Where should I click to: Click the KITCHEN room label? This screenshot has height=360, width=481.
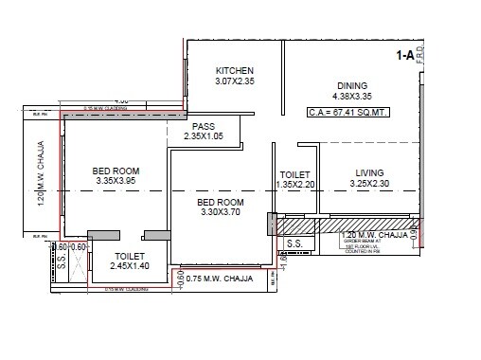tap(235, 72)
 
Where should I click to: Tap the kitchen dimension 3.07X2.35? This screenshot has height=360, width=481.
tap(235, 83)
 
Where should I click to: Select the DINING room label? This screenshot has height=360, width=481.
tap(353, 83)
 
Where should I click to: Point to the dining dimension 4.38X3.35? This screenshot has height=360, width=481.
tap(353, 96)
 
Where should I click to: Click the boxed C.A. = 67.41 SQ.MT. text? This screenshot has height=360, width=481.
tap(348, 112)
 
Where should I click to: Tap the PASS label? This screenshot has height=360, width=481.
tap(204, 127)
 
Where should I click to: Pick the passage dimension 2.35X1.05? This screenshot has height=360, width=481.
tap(205, 138)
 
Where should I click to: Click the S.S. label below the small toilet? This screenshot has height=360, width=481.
tap(294, 243)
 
